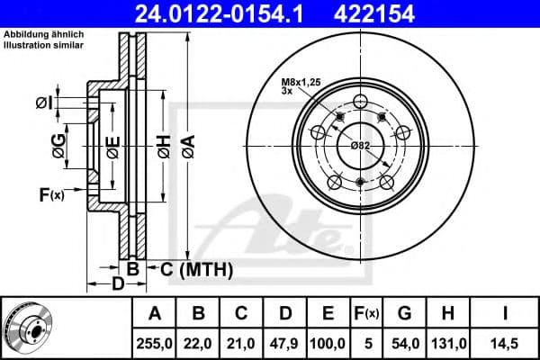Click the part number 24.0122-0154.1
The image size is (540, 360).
[219, 14]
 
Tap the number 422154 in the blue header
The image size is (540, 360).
[374, 14]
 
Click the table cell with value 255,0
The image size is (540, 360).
[154, 344]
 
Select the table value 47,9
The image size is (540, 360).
[284, 344]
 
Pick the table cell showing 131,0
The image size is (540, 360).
[448, 344]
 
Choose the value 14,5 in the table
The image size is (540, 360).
[505, 344]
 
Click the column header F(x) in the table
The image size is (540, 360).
[367, 313]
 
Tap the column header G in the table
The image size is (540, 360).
[405, 313]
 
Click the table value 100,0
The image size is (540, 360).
[328, 344]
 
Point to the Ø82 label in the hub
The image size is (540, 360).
[360, 146]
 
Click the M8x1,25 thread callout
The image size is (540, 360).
[301, 82]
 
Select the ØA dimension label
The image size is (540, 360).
[189, 147]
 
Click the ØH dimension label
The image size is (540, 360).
[165, 147]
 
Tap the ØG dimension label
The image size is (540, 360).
[58, 146]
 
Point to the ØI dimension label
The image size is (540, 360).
[44, 103]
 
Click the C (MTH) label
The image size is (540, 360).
[196, 269]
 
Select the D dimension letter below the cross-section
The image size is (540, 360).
[118, 283]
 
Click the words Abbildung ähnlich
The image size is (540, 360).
[43, 34]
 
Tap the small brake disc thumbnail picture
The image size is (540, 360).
[30, 328]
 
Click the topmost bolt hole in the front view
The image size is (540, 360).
[360, 102]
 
